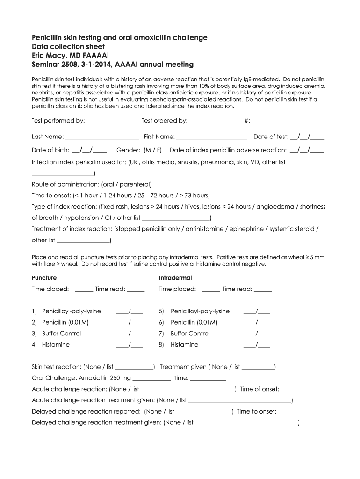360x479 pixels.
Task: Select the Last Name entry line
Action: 102,138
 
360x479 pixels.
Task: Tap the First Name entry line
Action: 212,138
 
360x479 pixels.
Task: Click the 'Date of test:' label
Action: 271,137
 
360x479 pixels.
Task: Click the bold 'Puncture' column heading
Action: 44,278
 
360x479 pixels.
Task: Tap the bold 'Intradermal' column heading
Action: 175,278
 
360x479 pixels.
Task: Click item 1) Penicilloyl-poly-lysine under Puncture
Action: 71,311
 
